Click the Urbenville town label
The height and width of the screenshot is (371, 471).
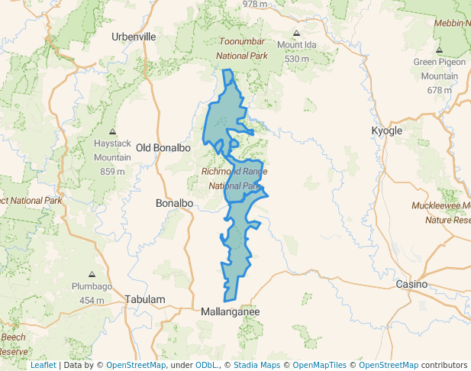(x=134, y=36)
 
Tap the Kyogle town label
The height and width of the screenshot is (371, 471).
(x=386, y=131)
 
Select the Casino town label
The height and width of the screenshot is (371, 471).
(x=411, y=284)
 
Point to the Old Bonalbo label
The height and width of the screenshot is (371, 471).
(x=163, y=147)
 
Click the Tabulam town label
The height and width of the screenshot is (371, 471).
(x=145, y=300)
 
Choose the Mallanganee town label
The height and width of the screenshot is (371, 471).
(x=231, y=312)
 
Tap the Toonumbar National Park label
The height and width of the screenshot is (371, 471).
(x=242, y=48)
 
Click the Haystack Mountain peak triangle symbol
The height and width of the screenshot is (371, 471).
(x=112, y=132)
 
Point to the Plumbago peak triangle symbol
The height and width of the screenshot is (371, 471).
(x=92, y=274)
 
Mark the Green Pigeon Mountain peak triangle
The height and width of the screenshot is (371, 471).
(x=440, y=50)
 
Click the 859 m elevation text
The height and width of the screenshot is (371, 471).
(x=112, y=171)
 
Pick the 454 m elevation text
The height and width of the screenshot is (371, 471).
(x=92, y=300)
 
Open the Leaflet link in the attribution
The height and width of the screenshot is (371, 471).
(x=43, y=365)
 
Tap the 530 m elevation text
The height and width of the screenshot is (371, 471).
(x=296, y=59)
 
